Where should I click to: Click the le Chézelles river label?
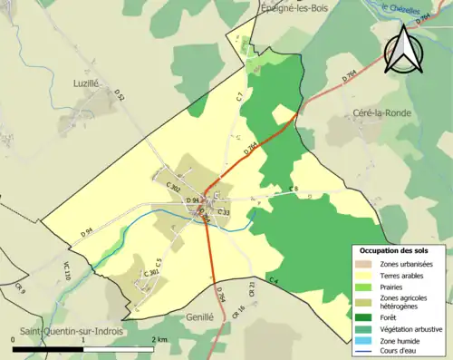click(401, 10)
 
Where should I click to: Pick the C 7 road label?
click(240, 94)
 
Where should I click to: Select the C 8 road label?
click(293, 189)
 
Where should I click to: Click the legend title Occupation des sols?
click(399, 249)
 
